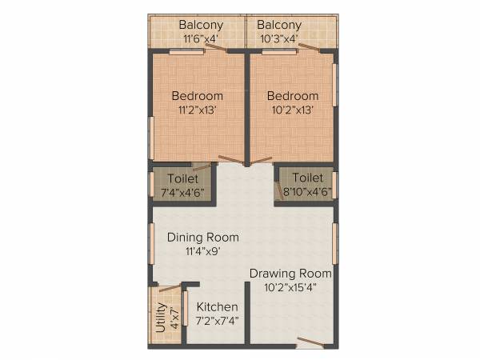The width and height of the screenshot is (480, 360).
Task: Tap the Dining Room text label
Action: click(202, 237)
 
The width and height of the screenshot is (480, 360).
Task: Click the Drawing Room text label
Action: click(290, 274)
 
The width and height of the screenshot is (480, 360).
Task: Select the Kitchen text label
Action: click(217, 307)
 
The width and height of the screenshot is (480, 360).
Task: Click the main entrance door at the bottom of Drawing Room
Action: click(310, 343)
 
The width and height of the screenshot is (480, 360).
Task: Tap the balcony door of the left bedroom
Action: click(214, 49)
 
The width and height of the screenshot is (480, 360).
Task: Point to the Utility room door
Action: click(168, 286)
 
